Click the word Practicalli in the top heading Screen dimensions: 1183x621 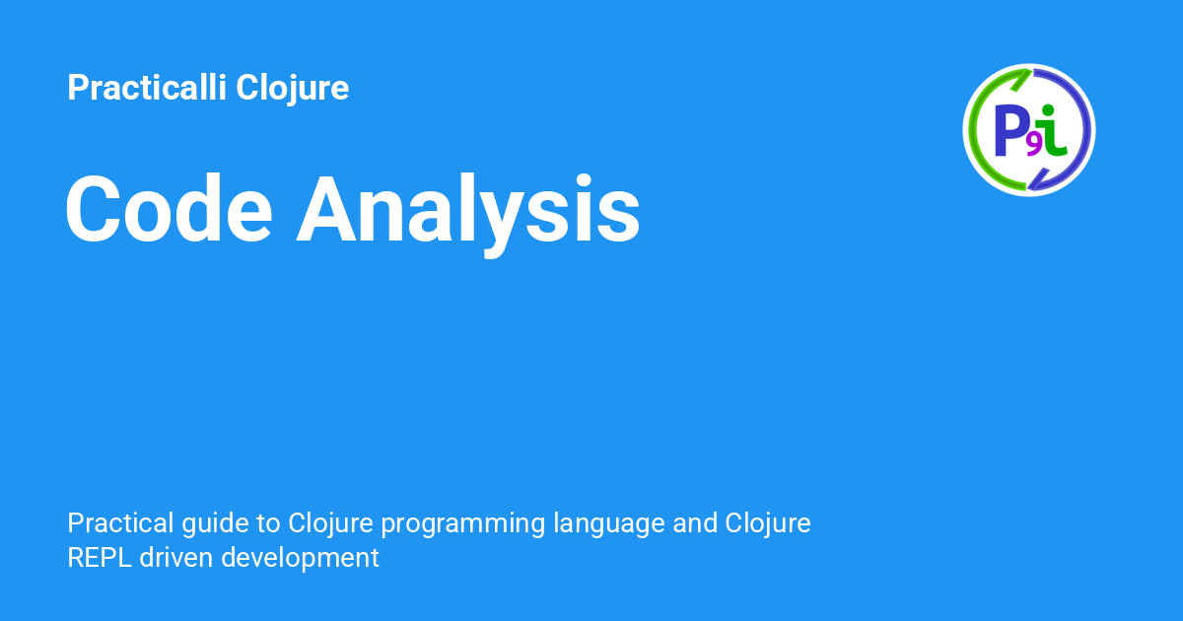pos(147,87)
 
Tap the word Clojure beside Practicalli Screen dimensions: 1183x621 pos(293,90)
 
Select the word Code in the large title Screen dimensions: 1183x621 pos(169,209)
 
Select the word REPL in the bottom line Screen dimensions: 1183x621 pos(100,558)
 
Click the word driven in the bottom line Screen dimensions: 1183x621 pos(175,557)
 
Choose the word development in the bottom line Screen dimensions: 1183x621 pos(300,559)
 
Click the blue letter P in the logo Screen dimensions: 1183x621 pos(1010,131)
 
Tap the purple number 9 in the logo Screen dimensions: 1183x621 pos(1033,146)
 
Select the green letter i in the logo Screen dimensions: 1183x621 pos(1051,131)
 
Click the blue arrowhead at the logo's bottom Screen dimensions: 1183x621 pos(1038,179)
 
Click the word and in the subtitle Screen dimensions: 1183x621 pos(694,522)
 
